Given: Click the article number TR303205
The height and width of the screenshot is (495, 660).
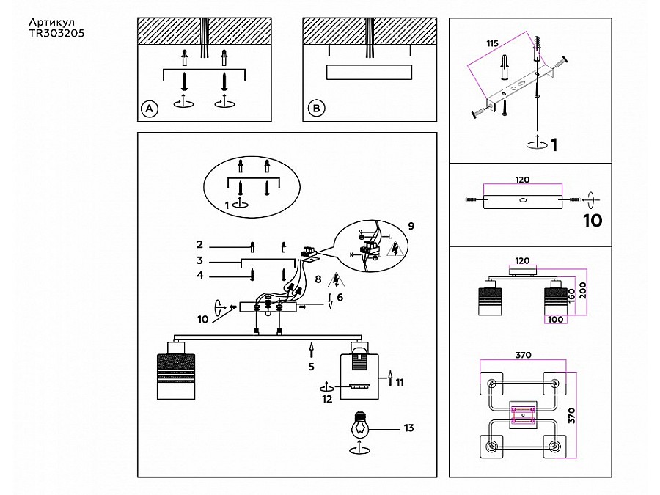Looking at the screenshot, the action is (56, 33).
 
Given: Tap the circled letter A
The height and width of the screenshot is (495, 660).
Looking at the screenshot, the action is (149, 109).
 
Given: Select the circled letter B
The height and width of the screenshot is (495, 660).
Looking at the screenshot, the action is (316, 109).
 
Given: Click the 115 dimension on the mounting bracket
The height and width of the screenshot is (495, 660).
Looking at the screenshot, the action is (492, 43).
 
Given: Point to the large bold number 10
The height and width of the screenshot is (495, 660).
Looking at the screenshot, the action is (593, 220).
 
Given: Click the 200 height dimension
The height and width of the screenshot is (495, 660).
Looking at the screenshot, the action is (582, 290).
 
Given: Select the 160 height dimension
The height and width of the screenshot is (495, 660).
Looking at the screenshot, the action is (571, 296).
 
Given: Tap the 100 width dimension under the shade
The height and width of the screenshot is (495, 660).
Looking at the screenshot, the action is (555, 320).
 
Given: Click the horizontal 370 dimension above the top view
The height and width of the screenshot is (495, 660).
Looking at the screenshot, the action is (523, 355).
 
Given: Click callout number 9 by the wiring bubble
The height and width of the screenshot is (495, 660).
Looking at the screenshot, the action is (411, 226).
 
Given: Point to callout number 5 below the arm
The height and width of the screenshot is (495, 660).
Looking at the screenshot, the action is (311, 367).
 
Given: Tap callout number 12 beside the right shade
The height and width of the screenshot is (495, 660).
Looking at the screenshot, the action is (327, 399).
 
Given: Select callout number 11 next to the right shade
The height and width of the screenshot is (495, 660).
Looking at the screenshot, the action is (400, 382).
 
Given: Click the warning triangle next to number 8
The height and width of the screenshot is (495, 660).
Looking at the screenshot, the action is (336, 280).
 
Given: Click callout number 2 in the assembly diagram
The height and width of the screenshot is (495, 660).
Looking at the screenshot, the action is (199, 244).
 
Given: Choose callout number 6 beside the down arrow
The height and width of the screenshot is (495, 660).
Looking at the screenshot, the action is (340, 297).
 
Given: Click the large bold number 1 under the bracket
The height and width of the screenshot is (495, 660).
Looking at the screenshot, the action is (554, 144).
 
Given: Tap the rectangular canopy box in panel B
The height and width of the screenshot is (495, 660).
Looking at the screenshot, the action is (369, 72).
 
